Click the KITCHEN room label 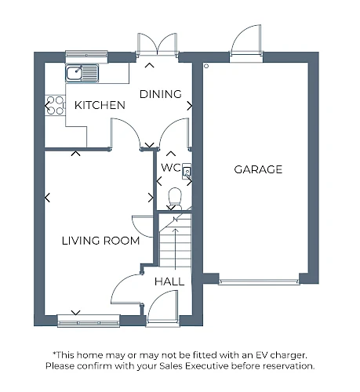100,105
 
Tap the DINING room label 161,94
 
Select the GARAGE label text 258,169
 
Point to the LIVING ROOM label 100,241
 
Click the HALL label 169,281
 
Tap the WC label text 171,168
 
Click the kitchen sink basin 75,73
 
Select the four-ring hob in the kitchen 55,106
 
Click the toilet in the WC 175,198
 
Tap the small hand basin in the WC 187,172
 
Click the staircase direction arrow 175,249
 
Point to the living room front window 89,321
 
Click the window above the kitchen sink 86,55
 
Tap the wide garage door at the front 259,281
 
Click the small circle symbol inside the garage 206,66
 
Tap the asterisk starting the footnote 54,354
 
